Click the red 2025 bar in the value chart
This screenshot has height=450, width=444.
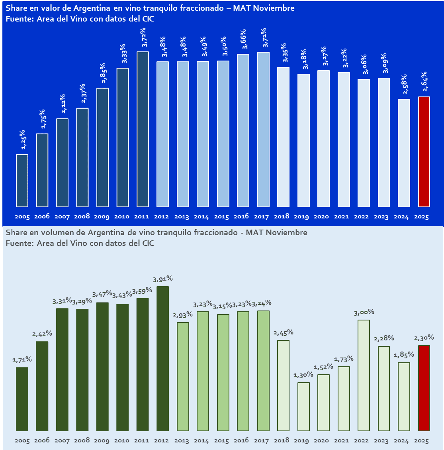point(424,152)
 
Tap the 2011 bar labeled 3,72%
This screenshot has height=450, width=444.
point(143,129)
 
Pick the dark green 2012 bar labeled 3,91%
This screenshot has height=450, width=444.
point(162,358)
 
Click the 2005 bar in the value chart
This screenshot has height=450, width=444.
point(22,181)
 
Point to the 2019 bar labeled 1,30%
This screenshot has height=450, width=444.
point(303,407)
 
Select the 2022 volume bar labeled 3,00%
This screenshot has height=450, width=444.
point(364,375)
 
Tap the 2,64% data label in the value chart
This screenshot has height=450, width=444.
point(424,83)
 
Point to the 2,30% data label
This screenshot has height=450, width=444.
point(424,338)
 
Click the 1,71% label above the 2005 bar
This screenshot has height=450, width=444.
point(22,360)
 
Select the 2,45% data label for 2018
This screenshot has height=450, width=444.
point(284,332)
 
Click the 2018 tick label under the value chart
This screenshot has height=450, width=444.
point(282,217)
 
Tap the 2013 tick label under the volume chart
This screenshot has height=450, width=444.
point(182,441)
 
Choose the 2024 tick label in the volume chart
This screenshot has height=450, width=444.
point(401,441)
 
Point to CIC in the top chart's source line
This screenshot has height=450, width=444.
point(147,19)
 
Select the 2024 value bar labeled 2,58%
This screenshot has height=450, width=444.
point(404,153)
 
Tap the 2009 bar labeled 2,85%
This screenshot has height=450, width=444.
point(102,147)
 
